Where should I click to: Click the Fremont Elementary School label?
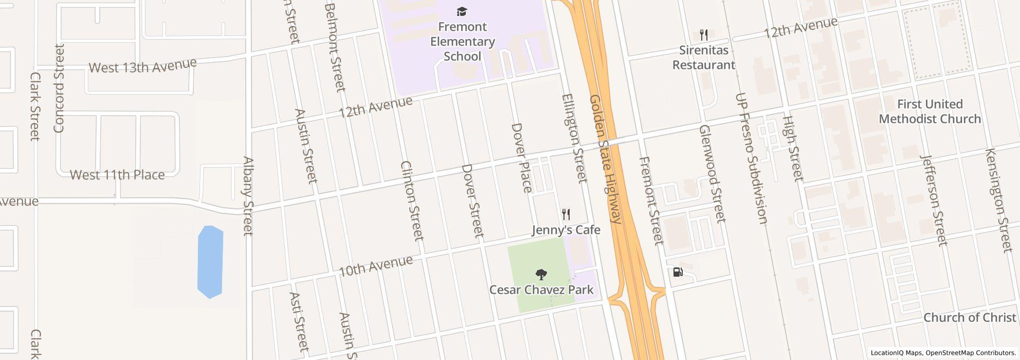[462, 42]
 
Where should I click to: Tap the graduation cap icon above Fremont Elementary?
[462, 11]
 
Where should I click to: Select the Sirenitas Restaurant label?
[703, 58]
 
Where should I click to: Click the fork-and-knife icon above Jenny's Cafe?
[566, 214]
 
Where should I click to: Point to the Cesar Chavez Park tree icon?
[541, 275]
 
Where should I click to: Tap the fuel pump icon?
[678, 272]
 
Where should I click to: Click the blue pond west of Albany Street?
[210, 262]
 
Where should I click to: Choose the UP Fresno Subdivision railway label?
[751, 158]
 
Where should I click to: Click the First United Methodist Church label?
[930, 112]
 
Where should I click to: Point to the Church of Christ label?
[970, 317]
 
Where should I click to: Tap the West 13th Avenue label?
[142, 66]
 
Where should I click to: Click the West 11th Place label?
[117, 175]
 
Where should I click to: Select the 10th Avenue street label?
[375, 266]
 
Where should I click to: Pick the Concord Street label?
[59, 88]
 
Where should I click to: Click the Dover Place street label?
[521, 158]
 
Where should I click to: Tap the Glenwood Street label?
[712, 174]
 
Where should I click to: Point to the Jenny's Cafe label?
[566, 230]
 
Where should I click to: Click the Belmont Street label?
[335, 47]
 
